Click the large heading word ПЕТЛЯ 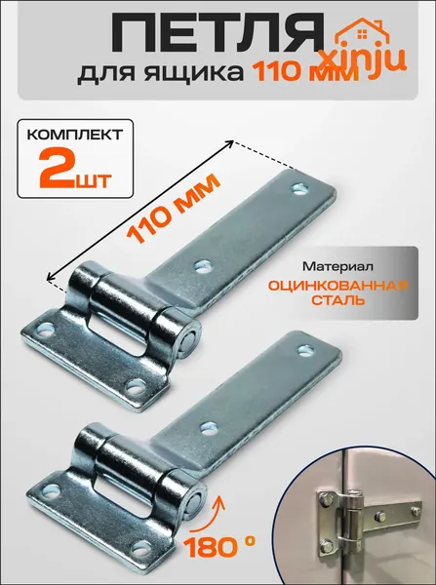pos(217,33)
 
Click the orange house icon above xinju pos(362,33)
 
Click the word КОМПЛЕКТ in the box pos(75,135)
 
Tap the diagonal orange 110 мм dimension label pos(174,208)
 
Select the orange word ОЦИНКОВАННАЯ pos(338,286)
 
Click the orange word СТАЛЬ pos(338,300)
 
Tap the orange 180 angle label pos(219,548)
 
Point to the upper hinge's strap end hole pos(299,189)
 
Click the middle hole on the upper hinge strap pos(204,266)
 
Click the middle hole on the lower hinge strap pos(209,428)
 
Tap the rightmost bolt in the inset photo pos(416,510)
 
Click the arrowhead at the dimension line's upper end pos(230,143)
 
